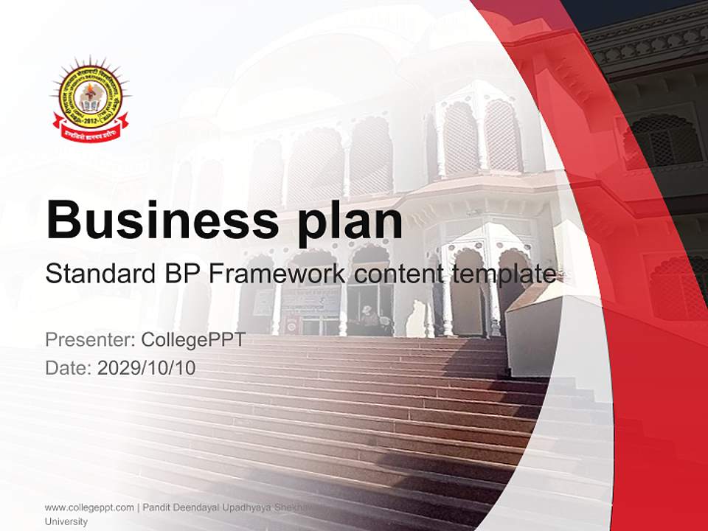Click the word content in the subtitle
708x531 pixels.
398,274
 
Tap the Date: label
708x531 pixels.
69,367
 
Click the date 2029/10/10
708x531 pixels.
147,367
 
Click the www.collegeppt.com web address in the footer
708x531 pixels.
89,507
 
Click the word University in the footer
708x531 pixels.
66,521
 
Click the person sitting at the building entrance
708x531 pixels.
369,319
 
